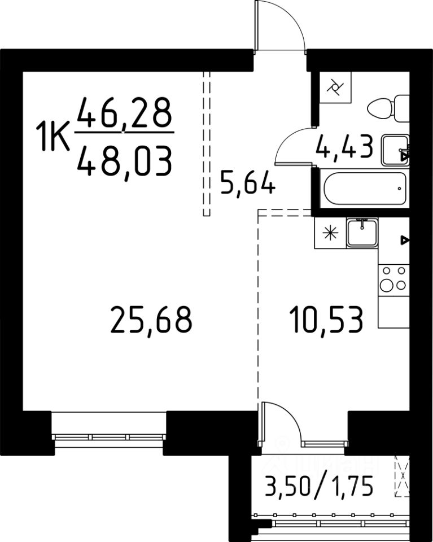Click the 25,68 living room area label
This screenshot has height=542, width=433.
(151, 320)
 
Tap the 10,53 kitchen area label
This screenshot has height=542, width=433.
(326, 320)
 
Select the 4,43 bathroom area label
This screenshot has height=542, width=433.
(344, 147)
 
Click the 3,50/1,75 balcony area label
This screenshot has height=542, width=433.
(318, 486)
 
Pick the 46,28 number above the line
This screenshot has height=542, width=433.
(124, 112)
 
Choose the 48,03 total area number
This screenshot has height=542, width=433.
(124, 161)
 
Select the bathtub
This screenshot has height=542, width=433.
(365, 189)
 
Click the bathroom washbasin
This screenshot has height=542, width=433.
(395, 150)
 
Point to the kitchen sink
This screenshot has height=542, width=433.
(362, 233)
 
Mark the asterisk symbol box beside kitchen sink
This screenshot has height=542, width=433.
(330, 233)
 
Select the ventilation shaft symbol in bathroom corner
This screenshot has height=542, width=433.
(335, 87)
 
